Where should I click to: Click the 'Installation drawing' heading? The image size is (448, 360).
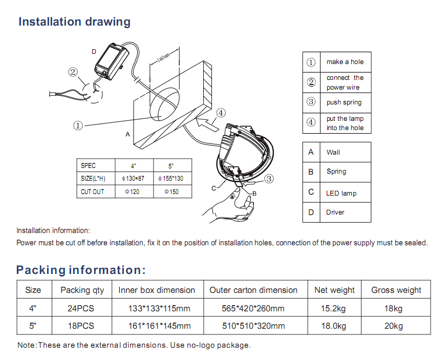click(x=74, y=22)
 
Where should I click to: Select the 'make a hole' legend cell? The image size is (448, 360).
click(x=345, y=62)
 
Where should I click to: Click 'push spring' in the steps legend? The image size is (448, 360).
click(x=344, y=102)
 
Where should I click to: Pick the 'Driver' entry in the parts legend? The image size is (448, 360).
click(x=335, y=212)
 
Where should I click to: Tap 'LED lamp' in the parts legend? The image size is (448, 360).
click(x=341, y=193)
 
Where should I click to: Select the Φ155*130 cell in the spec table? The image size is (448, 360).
click(x=171, y=179)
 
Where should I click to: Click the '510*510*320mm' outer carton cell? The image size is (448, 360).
click(x=253, y=326)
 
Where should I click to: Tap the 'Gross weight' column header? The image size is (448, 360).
click(x=396, y=290)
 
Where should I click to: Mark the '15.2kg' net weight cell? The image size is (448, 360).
click(x=334, y=308)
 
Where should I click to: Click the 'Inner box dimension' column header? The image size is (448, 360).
click(x=157, y=290)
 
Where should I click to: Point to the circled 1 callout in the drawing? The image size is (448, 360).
click(x=78, y=125)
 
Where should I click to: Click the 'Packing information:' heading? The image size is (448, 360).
click(x=81, y=270)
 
